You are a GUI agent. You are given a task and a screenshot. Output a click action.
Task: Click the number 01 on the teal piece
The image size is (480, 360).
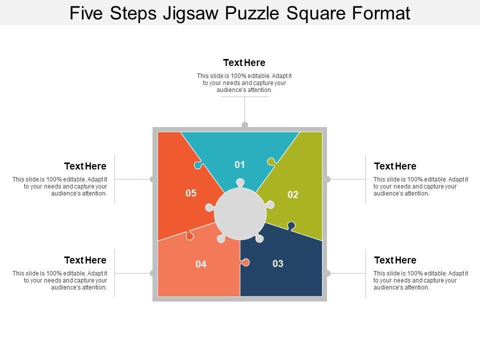(239, 164)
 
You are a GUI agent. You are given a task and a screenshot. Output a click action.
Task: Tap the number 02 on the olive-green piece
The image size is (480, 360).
(293, 194)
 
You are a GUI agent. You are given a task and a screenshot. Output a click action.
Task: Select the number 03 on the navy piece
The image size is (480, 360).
(278, 263)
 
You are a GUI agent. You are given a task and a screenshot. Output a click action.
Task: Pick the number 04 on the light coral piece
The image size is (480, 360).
(201, 264)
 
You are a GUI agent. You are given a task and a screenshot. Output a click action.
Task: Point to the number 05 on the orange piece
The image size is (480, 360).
(191, 193)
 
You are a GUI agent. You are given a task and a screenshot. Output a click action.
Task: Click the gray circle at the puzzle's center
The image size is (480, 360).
(240, 214)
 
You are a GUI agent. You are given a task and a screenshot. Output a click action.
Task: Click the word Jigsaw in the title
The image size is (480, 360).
(190, 13)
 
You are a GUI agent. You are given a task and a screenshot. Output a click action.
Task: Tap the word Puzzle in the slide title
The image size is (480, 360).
(252, 13)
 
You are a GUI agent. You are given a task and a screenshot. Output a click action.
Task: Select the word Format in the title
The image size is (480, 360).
(381, 13)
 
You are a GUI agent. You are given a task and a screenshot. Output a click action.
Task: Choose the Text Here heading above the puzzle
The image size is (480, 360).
(244, 63)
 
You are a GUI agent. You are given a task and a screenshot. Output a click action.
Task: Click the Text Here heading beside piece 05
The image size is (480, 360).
(85, 166)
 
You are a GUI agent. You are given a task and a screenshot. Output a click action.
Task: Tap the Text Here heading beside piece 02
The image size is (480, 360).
(395, 166)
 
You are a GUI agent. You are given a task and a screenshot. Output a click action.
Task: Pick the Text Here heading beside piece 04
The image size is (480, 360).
(85, 260)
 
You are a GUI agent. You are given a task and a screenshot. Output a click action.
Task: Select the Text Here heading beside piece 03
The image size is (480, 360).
(395, 260)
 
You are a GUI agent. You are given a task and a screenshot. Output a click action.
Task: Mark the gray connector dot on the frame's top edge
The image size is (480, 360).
(244, 124)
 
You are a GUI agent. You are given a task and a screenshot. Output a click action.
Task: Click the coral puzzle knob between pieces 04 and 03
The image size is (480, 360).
(245, 262)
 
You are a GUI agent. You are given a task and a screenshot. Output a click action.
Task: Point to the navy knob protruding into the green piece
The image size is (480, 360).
(291, 226)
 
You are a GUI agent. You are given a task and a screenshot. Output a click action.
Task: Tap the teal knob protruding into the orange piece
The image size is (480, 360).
(198, 165)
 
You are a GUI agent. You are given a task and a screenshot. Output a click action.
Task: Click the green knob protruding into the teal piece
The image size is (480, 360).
(271, 161)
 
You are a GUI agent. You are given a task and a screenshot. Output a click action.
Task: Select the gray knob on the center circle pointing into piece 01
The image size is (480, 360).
(240, 183)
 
